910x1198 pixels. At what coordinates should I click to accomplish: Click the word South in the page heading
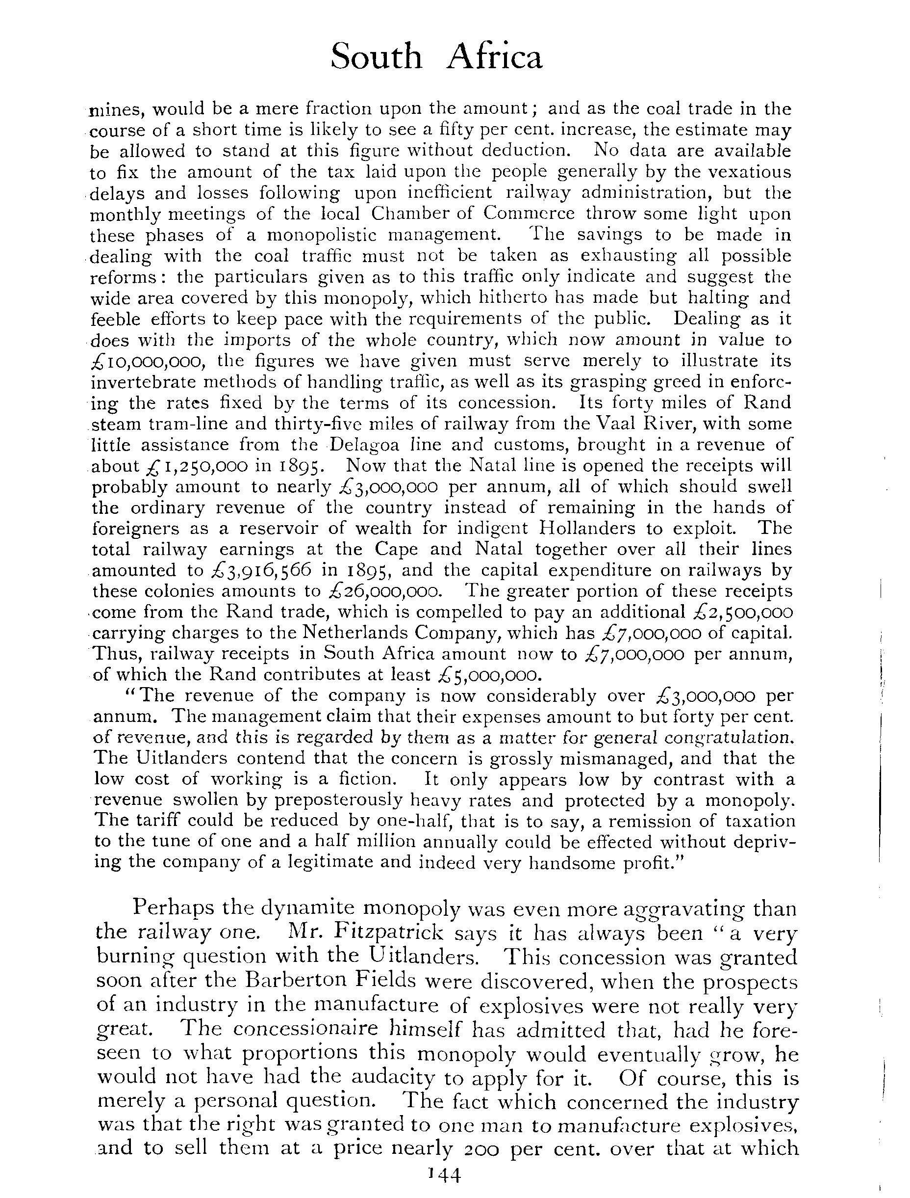click(376, 57)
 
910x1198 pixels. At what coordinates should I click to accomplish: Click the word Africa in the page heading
click(494, 57)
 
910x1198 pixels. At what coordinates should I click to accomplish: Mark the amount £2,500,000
click(743, 612)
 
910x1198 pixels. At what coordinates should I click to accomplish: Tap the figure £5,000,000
click(492, 675)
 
